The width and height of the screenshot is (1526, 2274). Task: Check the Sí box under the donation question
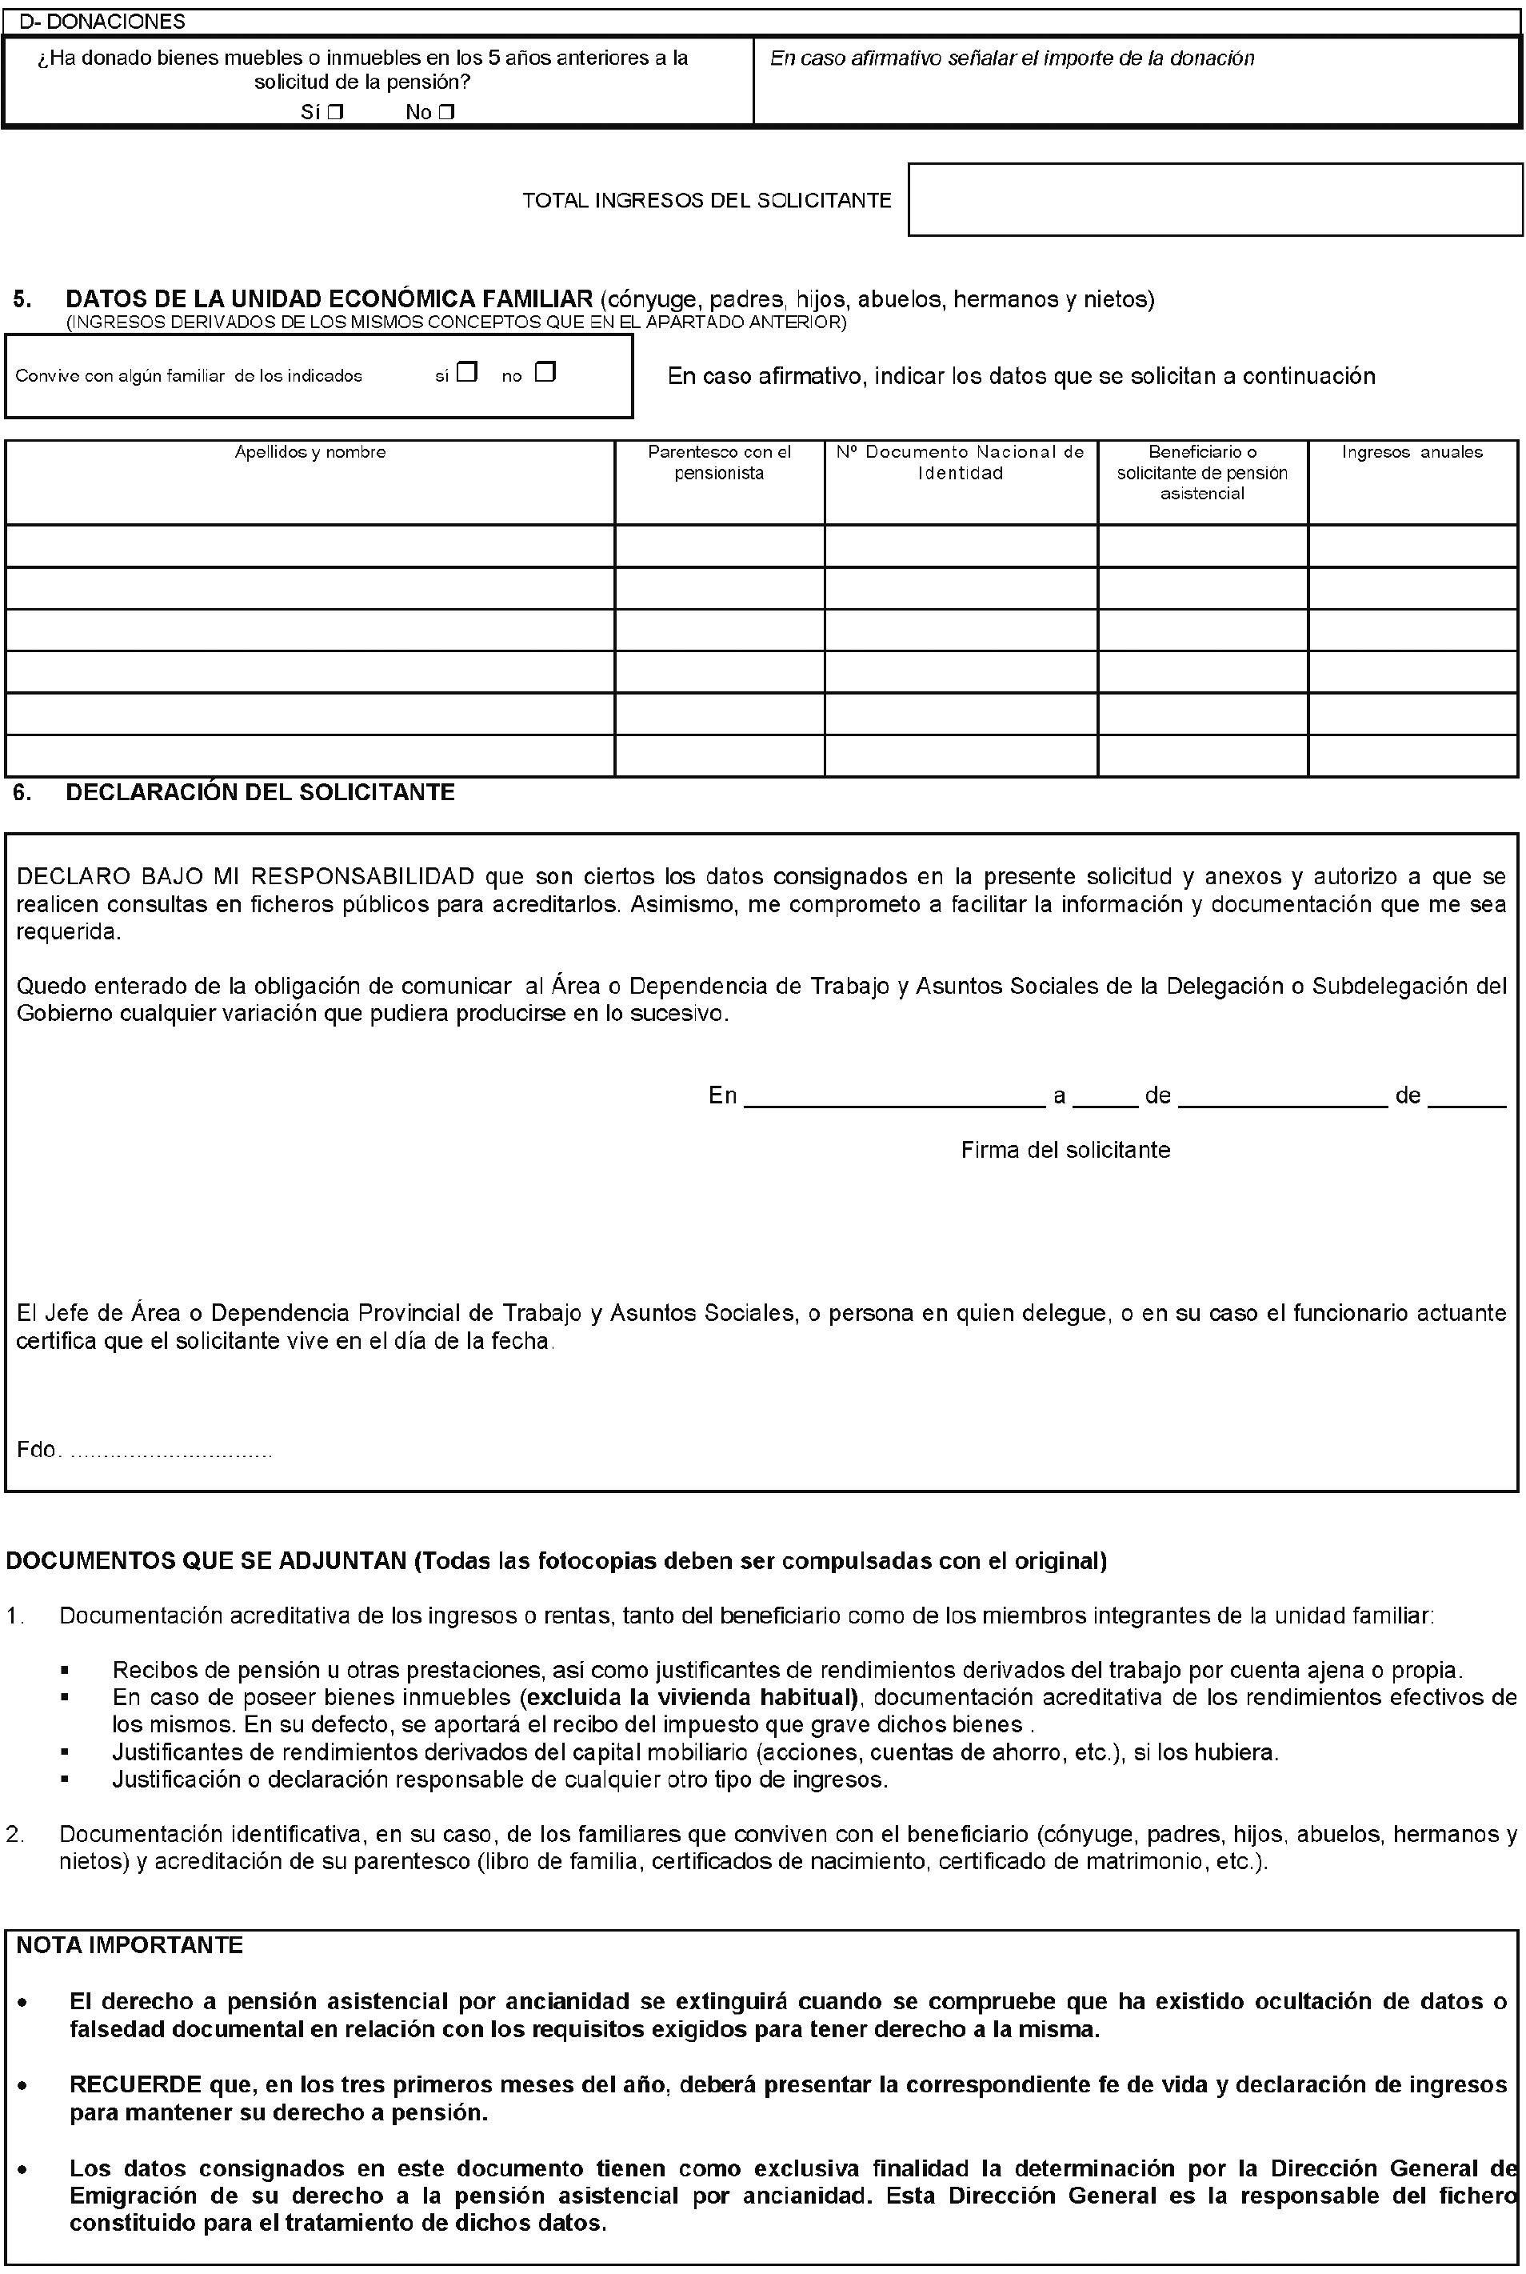click(336, 113)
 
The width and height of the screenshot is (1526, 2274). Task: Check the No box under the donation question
click(445, 113)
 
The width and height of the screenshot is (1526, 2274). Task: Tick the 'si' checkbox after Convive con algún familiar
click(467, 372)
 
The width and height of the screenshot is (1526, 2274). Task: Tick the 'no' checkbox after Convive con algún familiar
click(545, 372)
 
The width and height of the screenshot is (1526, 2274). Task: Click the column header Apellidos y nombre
click(310, 453)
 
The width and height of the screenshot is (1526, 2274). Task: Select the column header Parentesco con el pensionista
click(719, 462)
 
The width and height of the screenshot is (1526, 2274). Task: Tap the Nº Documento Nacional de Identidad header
click(961, 462)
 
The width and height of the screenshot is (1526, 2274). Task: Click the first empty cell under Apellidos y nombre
click(310, 546)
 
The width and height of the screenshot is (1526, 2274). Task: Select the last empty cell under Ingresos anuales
click(1412, 755)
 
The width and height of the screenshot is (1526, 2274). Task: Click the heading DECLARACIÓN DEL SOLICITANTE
click(260, 792)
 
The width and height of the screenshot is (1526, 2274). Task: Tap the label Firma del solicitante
click(1065, 1151)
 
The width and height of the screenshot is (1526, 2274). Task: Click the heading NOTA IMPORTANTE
click(130, 1946)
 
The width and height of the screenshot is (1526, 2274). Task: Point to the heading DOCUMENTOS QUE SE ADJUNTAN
click(206, 1561)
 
